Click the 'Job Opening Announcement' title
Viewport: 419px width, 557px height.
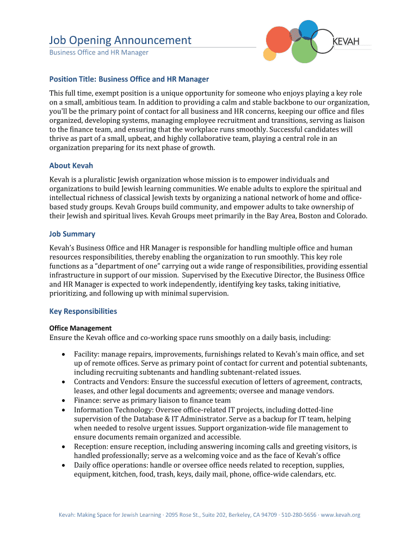tap(120, 40)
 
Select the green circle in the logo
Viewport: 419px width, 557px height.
tap(304, 51)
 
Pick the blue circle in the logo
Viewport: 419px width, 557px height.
tap(309, 29)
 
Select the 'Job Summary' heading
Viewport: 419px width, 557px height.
tap(72, 234)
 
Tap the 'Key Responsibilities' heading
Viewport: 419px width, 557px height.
tap(83, 311)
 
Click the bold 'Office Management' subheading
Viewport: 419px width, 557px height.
tap(81, 328)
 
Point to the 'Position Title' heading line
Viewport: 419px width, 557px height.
tap(129, 79)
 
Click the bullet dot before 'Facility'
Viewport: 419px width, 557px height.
tap(64, 354)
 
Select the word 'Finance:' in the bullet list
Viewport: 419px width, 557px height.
tap(88, 400)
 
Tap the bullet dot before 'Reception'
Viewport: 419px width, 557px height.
tap(64, 447)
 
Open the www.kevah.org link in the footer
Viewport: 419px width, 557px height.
tap(340, 515)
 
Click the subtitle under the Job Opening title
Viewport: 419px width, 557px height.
tap(98, 53)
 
